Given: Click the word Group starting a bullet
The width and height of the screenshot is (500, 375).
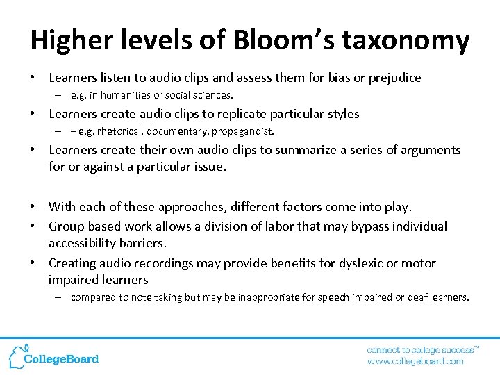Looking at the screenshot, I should tap(65, 226).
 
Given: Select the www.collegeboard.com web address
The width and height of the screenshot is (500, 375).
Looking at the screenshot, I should tap(415, 361).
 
